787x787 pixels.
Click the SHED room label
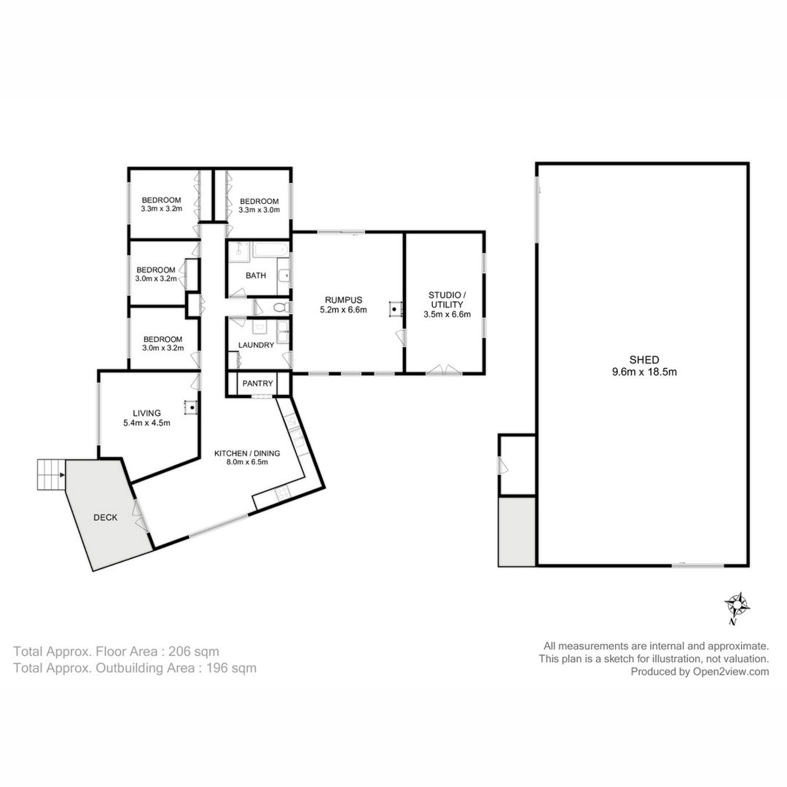pyautogui.click(x=644, y=360)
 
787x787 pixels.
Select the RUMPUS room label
pyautogui.click(x=343, y=300)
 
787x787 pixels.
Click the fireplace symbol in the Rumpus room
pyautogui.click(x=396, y=308)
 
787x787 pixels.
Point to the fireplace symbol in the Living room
pyautogui.click(x=191, y=407)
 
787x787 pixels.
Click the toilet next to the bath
pyautogui.click(x=281, y=307)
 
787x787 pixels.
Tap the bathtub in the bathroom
pyautogui.click(x=271, y=249)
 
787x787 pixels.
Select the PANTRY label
pyautogui.click(x=257, y=383)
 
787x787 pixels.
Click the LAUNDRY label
pyautogui.click(x=256, y=345)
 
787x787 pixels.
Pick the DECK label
pyautogui.click(x=106, y=517)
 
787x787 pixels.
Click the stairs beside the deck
pyautogui.click(x=51, y=475)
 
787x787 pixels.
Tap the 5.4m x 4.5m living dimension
pyautogui.click(x=146, y=423)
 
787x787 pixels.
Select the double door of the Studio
pyautogui.click(x=444, y=370)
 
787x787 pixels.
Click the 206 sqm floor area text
pyautogui.click(x=194, y=651)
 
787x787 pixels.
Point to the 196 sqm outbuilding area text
pyautogui.click(x=232, y=668)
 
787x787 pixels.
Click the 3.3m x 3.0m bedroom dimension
pyautogui.click(x=259, y=210)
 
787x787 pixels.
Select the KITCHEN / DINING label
pyautogui.click(x=247, y=453)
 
